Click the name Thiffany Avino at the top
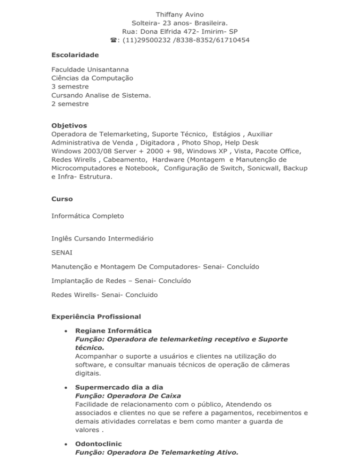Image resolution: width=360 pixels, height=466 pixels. point(180,14)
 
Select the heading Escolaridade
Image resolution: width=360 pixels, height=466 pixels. point(75,55)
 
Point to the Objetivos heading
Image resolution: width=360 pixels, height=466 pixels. point(69,126)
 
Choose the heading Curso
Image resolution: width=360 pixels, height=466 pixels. point(62,199)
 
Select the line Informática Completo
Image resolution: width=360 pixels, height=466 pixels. point(88,216)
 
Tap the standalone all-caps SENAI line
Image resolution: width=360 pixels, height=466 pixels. point(62,253)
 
